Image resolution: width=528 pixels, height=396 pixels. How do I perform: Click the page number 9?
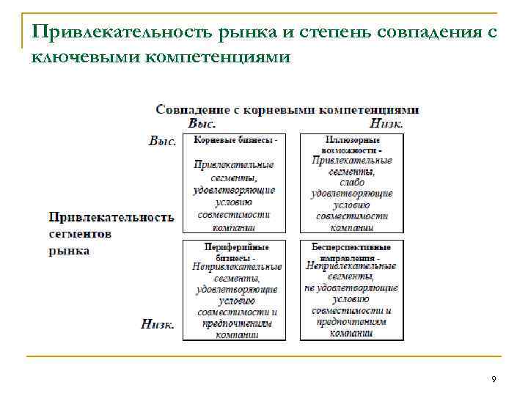pos(494,378)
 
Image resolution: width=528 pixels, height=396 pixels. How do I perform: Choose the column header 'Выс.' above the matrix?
pos(202,123)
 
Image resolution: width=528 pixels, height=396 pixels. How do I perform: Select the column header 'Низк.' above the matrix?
pos(386,123)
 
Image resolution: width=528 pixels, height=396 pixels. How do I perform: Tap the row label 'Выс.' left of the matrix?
pos(162,141)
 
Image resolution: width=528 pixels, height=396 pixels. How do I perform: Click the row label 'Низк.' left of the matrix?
pos(158,323)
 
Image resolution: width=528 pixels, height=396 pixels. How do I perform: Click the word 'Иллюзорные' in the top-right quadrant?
pos(351,139)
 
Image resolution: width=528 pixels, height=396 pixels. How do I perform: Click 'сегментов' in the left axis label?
pos(81,234)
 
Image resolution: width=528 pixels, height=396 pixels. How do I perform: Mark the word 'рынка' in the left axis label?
pos(70,250)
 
